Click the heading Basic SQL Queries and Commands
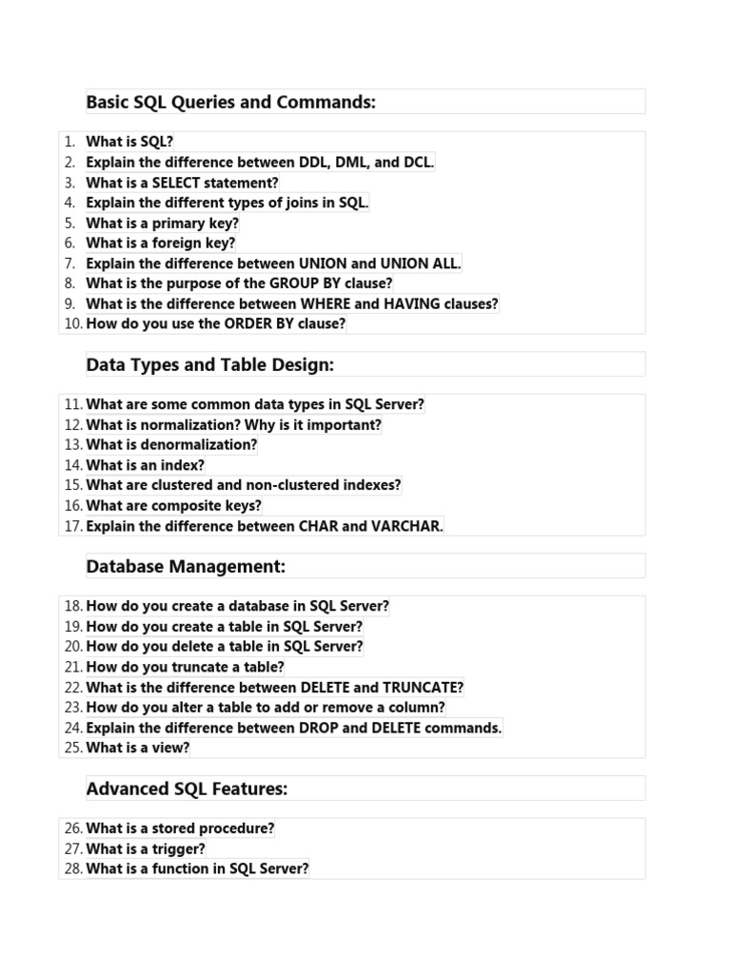click(230, 102)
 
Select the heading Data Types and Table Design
click(210, 364)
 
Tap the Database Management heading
click(186, 567)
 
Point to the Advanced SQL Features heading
click(187, 789)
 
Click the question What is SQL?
click(129, 142)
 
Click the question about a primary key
click(162, 223)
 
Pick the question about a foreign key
click(160, 243)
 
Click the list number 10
click(73, 323)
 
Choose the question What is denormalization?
click(171, 444)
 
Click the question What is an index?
click(145, 465)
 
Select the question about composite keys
click(173, 505)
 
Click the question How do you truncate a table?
click(185, 667)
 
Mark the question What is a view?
click(137, 748)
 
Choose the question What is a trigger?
click(145, 848)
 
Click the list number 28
click(73, 868)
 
